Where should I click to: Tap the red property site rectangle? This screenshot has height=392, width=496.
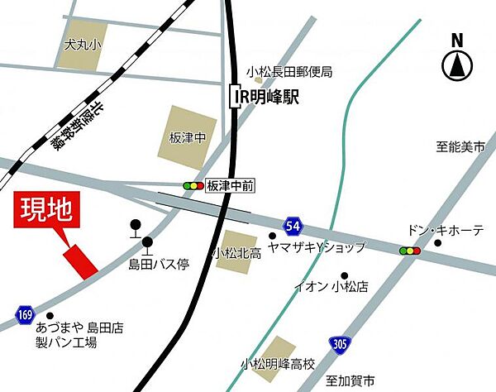point(82,260)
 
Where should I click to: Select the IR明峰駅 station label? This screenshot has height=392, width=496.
point(264,97)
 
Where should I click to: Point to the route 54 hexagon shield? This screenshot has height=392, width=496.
point(295,225)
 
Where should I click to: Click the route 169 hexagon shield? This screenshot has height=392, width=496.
point(25,313)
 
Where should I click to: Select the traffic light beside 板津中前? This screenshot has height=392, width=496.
point(193,186)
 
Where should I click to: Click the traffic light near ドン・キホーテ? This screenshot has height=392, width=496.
point(409,250)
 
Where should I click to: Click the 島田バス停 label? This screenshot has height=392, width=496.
point(159,265)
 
